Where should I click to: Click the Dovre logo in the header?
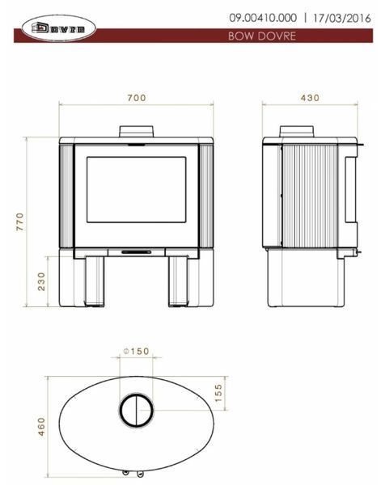(x=58, y=28)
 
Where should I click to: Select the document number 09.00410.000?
(x=263, y=18)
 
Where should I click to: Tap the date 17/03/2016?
(x=341, y=18)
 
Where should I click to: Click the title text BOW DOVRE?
(x=262, y=36)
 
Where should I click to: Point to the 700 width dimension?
(x=137, y=98)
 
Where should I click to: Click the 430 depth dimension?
(x=310, y=98)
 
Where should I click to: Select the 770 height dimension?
(x=19, y=221)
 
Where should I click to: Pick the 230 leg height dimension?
(x=41, y=281)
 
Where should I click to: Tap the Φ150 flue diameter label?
(x=136, y=352)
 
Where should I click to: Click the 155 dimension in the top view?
(x=218, y=393)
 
